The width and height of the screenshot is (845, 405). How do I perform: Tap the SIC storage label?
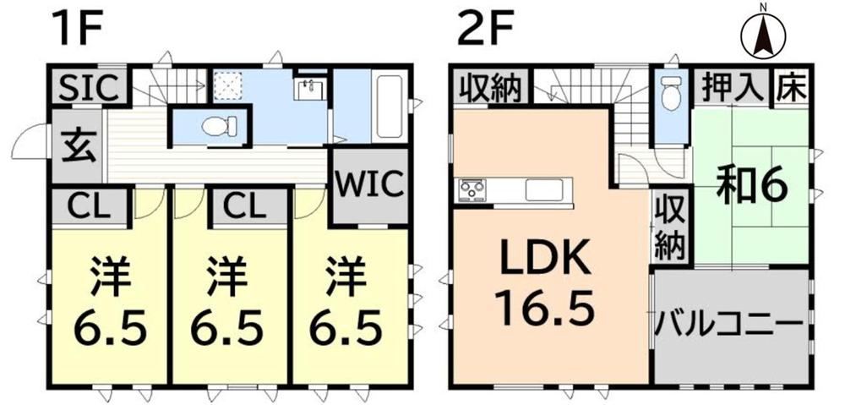click(x=89, y=88)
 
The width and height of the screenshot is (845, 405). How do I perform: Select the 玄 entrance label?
click(x=78, y=146)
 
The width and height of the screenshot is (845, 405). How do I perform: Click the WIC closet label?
click(x=371, y=185)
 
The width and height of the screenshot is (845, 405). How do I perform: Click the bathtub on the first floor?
click(x=389, y=107)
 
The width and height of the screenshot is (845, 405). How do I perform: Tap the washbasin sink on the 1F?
click(x=310, y=89)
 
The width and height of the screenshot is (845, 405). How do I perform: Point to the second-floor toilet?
click(x=672, y=92)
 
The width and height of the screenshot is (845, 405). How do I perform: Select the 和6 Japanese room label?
click(x=752, y=186)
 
